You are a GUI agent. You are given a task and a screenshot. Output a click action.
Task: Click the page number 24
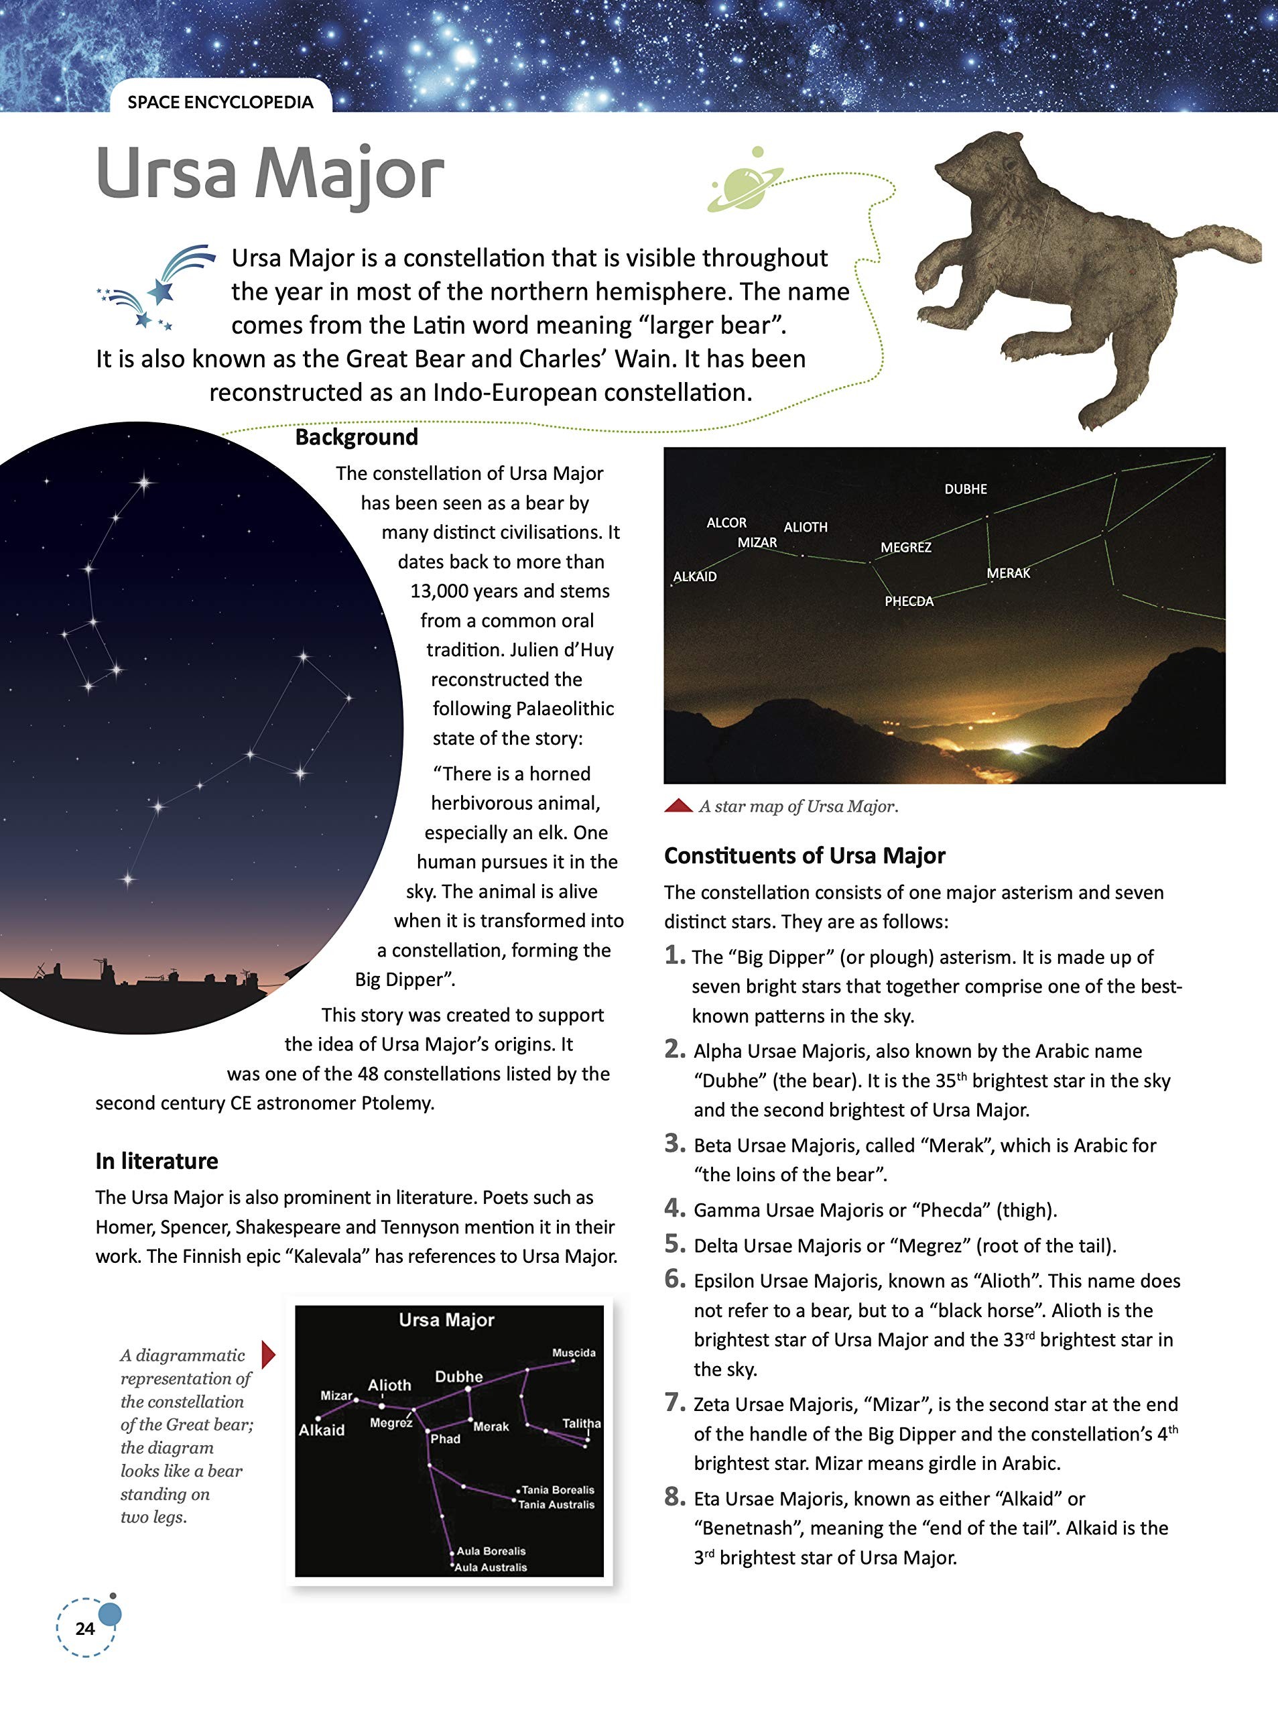point(85,1629)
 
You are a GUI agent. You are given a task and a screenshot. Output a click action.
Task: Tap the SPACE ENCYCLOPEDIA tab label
point(220,102)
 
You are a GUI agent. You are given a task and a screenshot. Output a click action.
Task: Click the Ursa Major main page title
point(270,174)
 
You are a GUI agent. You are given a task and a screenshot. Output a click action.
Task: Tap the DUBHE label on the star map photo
point(966,489)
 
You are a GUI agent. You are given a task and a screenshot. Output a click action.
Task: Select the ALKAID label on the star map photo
point(695,576)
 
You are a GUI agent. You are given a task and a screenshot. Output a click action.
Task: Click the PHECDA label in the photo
point(909,601)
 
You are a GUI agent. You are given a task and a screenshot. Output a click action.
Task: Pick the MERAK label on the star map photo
point(1008,573)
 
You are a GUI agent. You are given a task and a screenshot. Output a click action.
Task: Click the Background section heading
point(357,437)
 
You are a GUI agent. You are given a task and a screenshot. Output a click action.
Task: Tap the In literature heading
point(157,1160)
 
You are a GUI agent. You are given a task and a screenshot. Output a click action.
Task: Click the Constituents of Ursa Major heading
point(805,856)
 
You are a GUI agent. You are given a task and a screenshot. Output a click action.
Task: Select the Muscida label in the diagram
point(573,1353)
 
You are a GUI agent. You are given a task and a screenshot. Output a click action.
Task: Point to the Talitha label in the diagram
point(581,1423)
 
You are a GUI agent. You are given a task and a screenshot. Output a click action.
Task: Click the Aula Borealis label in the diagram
point(491,1550)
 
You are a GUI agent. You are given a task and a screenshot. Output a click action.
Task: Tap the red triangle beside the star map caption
point(678,806)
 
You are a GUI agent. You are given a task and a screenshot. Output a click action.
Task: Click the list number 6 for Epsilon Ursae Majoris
point(676,1279)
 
